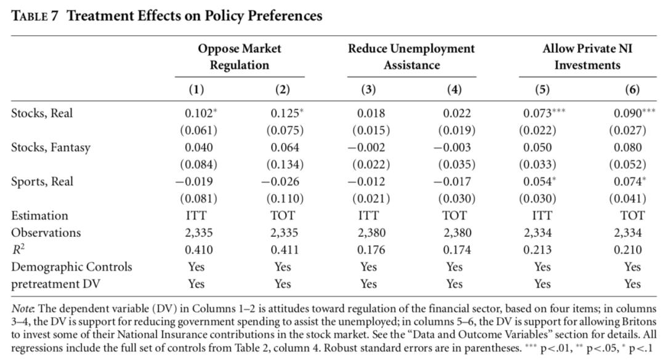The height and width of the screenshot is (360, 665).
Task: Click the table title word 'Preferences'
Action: tap(284, 16)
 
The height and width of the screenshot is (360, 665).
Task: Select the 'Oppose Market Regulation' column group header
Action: tap(239, 57)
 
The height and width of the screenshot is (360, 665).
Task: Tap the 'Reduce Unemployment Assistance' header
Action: tap(411, 57)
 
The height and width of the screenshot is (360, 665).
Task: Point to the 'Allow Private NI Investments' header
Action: tap(587, 57)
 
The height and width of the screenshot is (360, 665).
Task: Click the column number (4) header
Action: tap(454, 89)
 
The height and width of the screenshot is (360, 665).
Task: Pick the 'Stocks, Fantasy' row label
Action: tap(50, 148)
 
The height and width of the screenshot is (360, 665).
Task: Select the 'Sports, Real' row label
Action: tap(42, 182)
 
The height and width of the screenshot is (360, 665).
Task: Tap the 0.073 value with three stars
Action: tap(544, 113)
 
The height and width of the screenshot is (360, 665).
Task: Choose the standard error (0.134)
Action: tap(284, 164)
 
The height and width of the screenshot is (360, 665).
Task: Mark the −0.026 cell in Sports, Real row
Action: tap(280, 182)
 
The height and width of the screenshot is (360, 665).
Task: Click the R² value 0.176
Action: tap(371, 250)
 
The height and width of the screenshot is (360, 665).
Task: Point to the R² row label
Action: tap(18, 250)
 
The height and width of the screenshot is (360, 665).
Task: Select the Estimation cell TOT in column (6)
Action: tap(632, 215)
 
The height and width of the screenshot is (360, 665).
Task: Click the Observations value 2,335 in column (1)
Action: tap(198, 233)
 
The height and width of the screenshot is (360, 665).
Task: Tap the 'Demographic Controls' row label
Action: tap(71, 267)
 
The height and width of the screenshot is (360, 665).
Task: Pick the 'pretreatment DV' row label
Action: tap(55, 284)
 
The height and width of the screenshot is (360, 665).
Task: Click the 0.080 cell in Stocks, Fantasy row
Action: tap(627, 148)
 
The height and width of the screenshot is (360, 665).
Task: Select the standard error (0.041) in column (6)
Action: tap(627, 198)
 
